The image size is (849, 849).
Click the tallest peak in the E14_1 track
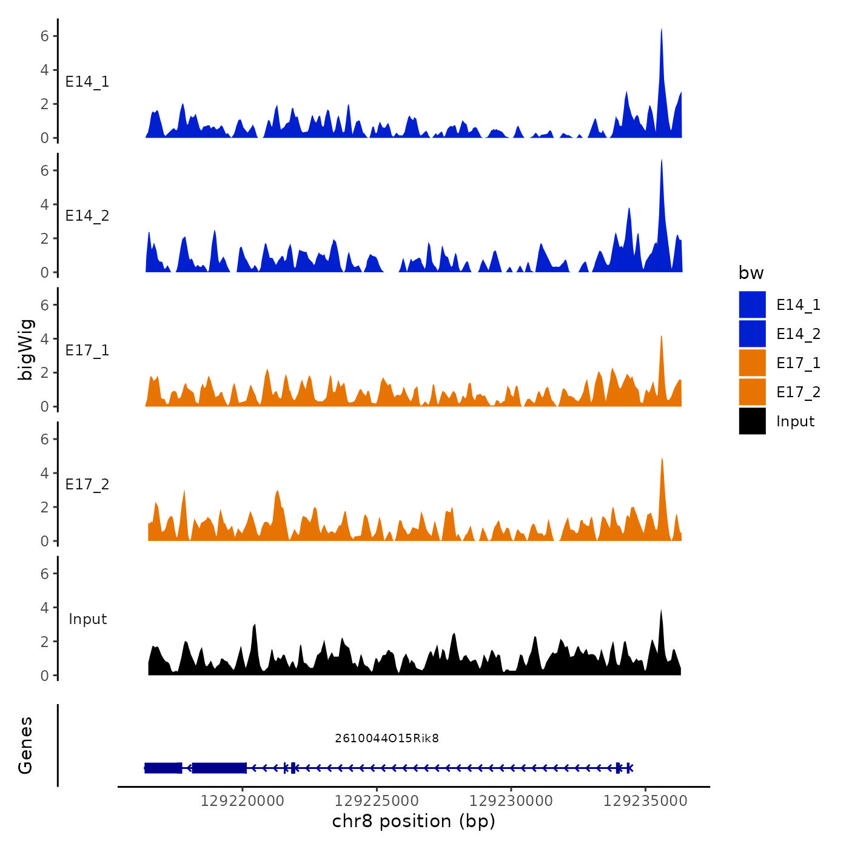661,30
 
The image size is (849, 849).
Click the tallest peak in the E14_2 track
661,161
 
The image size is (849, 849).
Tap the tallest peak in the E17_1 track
661,337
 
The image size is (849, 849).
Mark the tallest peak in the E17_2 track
662,460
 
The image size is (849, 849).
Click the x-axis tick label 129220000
242,801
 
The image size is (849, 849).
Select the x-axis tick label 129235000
645,801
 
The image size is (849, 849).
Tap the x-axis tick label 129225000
377,801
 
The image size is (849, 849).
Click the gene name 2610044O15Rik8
386,738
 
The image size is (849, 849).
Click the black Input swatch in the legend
752,421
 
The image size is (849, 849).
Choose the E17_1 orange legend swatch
752,363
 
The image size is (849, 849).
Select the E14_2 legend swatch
752,334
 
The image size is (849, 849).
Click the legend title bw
751,273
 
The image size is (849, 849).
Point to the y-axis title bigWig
25,349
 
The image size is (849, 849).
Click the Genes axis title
25,745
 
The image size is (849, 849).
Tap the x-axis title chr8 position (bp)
414,821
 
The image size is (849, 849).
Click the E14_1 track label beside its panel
87,82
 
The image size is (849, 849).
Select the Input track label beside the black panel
87,619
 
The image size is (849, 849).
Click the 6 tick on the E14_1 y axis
44,36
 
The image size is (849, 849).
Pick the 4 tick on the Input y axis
44,608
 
